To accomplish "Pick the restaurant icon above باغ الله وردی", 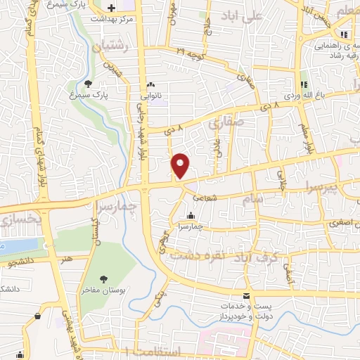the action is coord(304,84).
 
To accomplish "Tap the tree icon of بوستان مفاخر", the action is coord(104,279).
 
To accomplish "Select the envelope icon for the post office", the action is coord(246,296).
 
